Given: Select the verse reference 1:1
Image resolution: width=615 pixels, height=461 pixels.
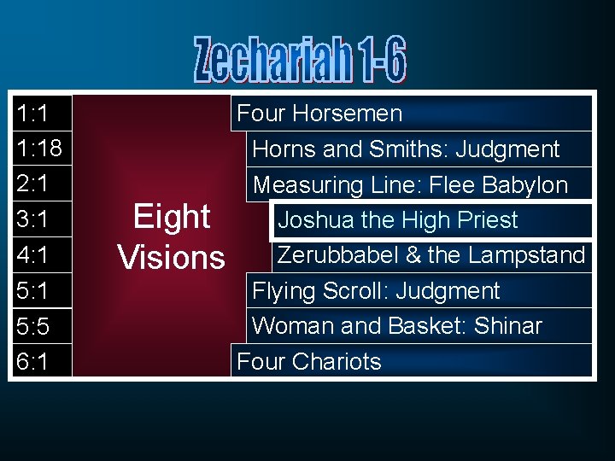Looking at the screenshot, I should point(32,114).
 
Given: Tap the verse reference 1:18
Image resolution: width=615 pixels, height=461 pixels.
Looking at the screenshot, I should point(38,149).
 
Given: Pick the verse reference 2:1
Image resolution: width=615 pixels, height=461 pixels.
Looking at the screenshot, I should point(32,184).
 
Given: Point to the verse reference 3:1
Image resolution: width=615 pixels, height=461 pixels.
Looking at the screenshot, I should point(32,220).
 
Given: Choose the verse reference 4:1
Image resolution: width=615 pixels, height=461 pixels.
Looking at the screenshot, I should point(32,255).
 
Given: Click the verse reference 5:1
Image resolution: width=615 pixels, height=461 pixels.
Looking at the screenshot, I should point(32,291).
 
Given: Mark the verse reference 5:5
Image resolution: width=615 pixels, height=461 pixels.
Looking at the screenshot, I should point(32,326).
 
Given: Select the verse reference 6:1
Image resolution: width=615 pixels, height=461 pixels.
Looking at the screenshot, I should point(32,362).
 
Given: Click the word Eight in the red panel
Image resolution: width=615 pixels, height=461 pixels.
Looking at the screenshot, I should point(172,218).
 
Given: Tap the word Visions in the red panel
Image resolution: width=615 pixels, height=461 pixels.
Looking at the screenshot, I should point(171,257).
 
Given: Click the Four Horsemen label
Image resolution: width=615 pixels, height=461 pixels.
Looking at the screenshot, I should point(319,114).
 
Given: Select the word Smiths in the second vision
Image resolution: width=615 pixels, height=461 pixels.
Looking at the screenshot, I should point(407,149).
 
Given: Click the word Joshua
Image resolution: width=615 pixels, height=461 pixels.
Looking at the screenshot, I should point(316,220).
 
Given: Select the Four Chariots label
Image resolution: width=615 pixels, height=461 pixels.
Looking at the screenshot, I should point(308,362).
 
